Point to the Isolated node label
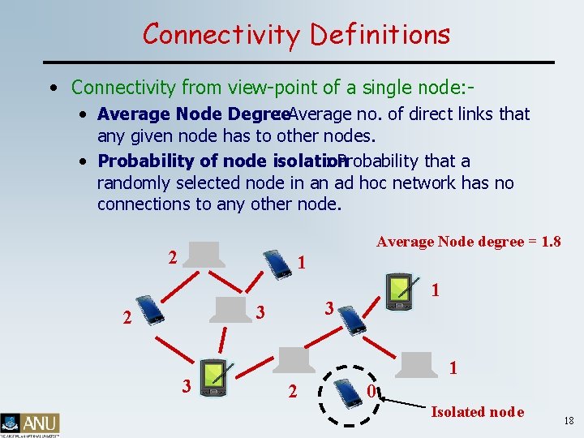(478, 412)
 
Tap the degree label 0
(370, 393)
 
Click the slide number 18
(568, 420)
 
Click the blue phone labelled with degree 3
(352, 319)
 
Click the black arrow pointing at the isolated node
(406, 401)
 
